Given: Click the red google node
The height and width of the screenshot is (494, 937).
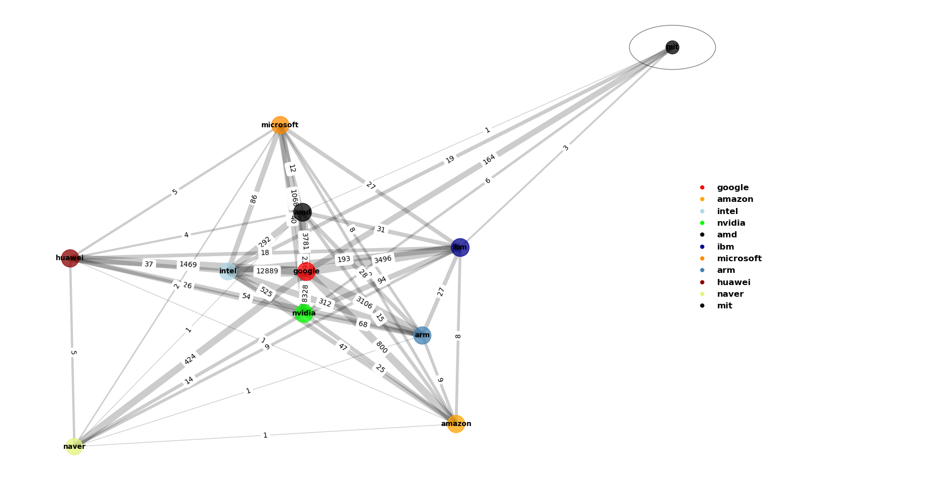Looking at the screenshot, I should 306,271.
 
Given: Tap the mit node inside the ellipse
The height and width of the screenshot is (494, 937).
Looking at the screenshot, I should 672,47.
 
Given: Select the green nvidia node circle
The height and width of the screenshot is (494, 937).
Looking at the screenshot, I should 303,313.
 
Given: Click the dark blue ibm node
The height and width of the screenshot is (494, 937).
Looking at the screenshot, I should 460,248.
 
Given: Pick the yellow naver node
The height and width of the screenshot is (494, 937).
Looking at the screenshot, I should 74,446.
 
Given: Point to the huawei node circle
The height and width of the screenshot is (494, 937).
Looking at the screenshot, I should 70,258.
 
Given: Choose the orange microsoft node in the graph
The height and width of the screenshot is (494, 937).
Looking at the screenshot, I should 280,125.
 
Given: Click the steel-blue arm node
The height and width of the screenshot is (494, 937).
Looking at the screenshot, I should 422,335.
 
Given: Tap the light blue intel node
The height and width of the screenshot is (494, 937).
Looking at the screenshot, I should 228,271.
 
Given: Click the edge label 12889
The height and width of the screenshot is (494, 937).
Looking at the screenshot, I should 267,271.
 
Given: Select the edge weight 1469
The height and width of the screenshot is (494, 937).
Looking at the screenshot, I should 188,265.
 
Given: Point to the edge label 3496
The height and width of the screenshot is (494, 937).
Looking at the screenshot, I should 383,260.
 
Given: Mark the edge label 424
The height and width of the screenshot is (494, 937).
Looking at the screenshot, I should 190,359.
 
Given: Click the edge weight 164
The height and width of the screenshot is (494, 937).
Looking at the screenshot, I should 489,160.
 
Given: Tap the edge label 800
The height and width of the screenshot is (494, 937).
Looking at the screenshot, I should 381,347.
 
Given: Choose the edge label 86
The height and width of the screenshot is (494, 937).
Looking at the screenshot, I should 254,199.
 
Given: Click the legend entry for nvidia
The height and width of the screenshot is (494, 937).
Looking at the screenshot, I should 731,223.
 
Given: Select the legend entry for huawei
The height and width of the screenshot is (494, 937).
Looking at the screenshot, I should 733,283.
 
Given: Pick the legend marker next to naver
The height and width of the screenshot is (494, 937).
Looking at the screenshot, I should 702,294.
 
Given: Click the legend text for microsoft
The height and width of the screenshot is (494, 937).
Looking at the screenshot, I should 739,259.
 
